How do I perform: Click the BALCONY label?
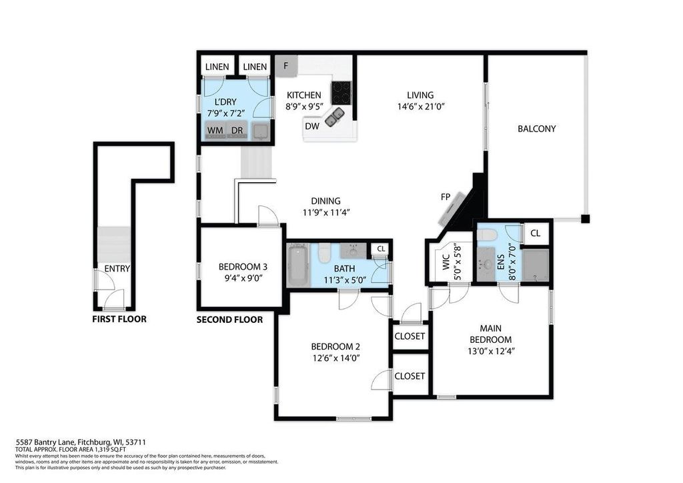537,129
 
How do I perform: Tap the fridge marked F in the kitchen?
286,66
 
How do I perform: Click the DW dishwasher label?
312,126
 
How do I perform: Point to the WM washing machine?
215,131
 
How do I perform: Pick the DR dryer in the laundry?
237,131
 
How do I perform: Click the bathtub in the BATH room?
298,266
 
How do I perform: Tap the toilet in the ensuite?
486,233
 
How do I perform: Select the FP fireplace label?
445,197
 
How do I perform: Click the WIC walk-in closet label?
446,263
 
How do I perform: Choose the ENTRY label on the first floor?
117,269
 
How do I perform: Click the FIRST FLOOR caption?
119,320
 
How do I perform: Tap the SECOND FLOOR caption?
229,320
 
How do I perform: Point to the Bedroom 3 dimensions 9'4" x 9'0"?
243,278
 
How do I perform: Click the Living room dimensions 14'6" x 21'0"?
420,106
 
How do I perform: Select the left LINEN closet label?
217,67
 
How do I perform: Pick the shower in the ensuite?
536,266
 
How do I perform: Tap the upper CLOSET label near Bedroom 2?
410,336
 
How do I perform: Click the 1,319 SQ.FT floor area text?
107,450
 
